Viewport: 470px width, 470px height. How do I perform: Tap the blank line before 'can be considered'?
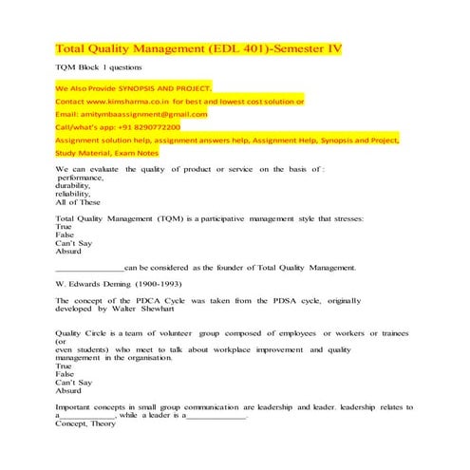click(x=89, y=268)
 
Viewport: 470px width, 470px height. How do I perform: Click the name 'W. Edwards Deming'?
click(x=98, y=284)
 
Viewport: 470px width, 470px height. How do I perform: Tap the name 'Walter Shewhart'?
click(x=141, y=309)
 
